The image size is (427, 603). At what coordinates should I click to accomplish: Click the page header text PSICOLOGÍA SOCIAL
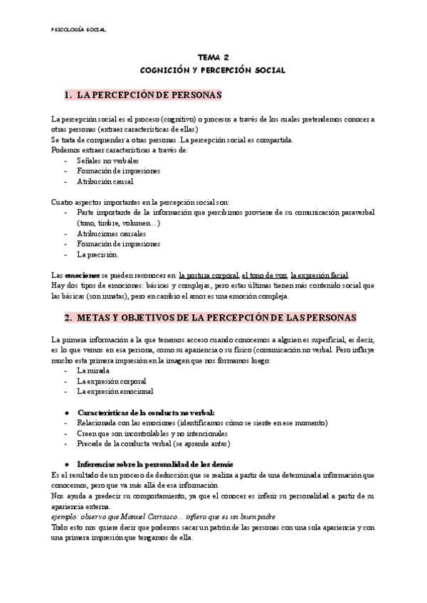tap(79, 29)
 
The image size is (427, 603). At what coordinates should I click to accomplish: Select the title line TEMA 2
tap(213, 59)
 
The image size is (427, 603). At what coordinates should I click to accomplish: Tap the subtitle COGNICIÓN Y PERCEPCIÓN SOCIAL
tap(213, 70)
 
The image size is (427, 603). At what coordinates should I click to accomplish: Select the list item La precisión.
tap(97, 254)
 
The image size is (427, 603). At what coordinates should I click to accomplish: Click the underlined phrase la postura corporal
tap(209, 274)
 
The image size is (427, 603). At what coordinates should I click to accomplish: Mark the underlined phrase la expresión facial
tap(320, 274)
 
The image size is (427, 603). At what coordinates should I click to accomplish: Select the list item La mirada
tap(93, 370)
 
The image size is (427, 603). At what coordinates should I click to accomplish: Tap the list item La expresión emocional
tap(115, 391)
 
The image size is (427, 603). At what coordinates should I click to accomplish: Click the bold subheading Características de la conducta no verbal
tap(146, 412)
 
